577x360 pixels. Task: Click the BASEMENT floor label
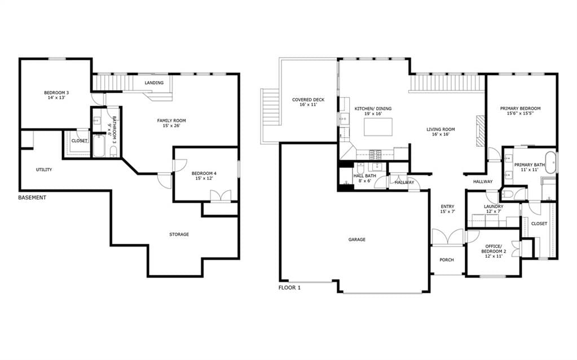coord(32,197)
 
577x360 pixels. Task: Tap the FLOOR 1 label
coord(289,287)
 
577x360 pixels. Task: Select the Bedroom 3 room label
coord(56,93)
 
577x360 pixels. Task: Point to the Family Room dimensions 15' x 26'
coord(171,125)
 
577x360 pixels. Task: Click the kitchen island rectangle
coord(378,127)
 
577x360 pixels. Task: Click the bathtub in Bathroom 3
coord(99,146)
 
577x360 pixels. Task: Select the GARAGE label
coord(357,240)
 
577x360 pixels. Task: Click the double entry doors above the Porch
coord(447,236)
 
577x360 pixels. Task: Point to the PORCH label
coord(447,260)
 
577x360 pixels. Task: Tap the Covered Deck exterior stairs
coord(271,116)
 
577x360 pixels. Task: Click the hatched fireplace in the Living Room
coord(481,131)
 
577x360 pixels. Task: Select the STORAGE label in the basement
coord(179,235)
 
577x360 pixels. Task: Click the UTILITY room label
coord(44,170)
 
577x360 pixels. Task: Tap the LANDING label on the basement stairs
coord(154,83)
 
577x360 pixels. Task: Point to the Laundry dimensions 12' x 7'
coord(494,212)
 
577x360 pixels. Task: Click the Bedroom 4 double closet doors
coord(221,196)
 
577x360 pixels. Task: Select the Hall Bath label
coord(365,176)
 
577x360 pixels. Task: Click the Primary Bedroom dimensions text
coord(521,114)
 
